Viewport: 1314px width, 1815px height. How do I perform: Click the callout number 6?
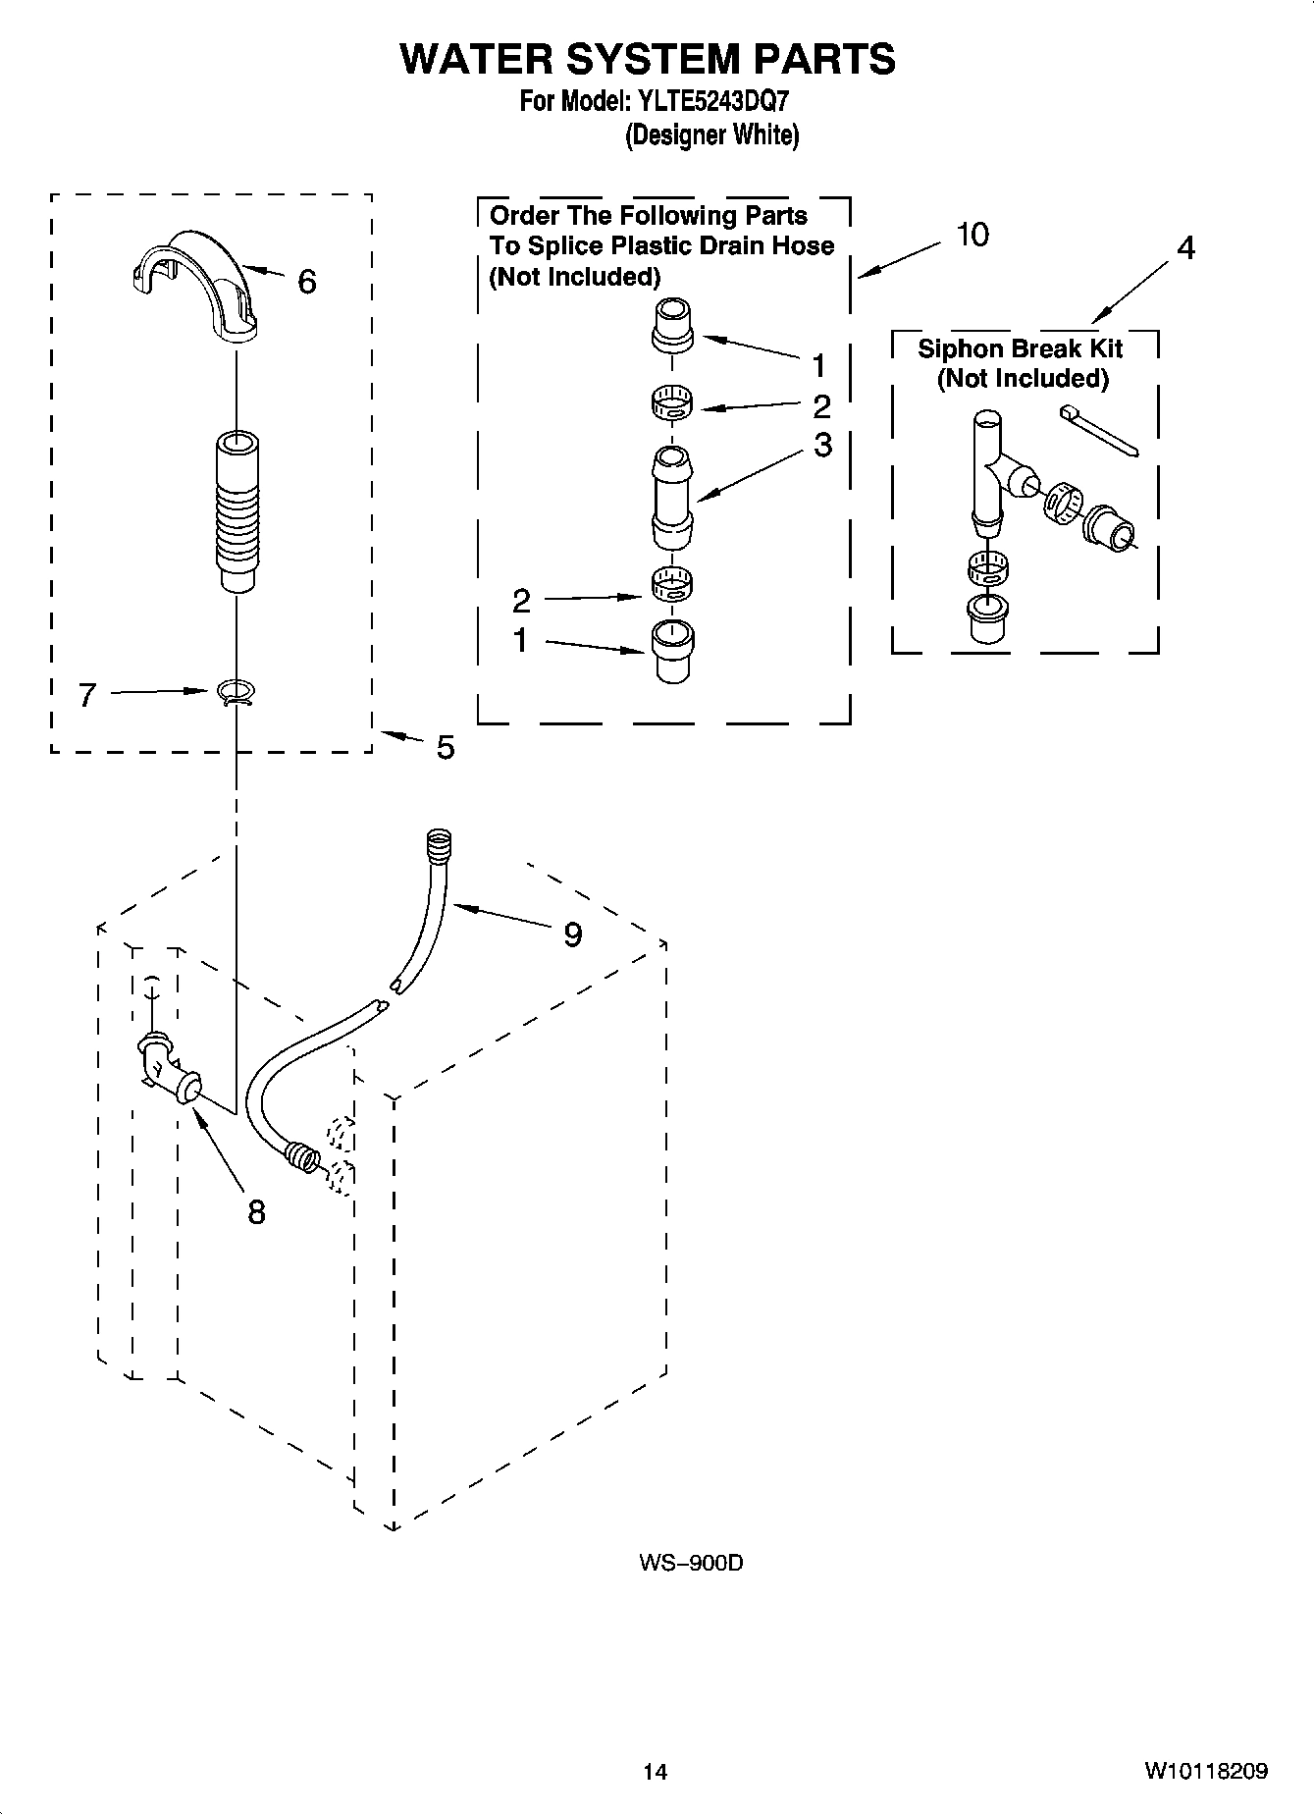click(306, 283)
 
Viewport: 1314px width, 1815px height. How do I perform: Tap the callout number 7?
click(87, 696)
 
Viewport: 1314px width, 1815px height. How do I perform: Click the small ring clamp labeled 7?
click(236, 693)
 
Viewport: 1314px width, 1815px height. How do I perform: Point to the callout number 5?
click(446, 748)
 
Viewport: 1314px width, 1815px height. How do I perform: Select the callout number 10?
click(972, 235)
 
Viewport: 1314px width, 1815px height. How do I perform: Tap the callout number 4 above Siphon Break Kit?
click(1185, 248)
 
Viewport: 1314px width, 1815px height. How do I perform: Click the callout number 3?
click(822, 445)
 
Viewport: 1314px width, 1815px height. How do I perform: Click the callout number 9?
click(572, 934)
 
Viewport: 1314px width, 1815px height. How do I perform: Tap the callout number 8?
click(256, 1212)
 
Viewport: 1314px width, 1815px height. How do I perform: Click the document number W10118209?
click(1205, 1771)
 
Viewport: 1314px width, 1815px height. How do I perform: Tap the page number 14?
click(655, 1772)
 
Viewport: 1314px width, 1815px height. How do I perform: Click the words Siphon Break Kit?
click(1020, 348)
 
